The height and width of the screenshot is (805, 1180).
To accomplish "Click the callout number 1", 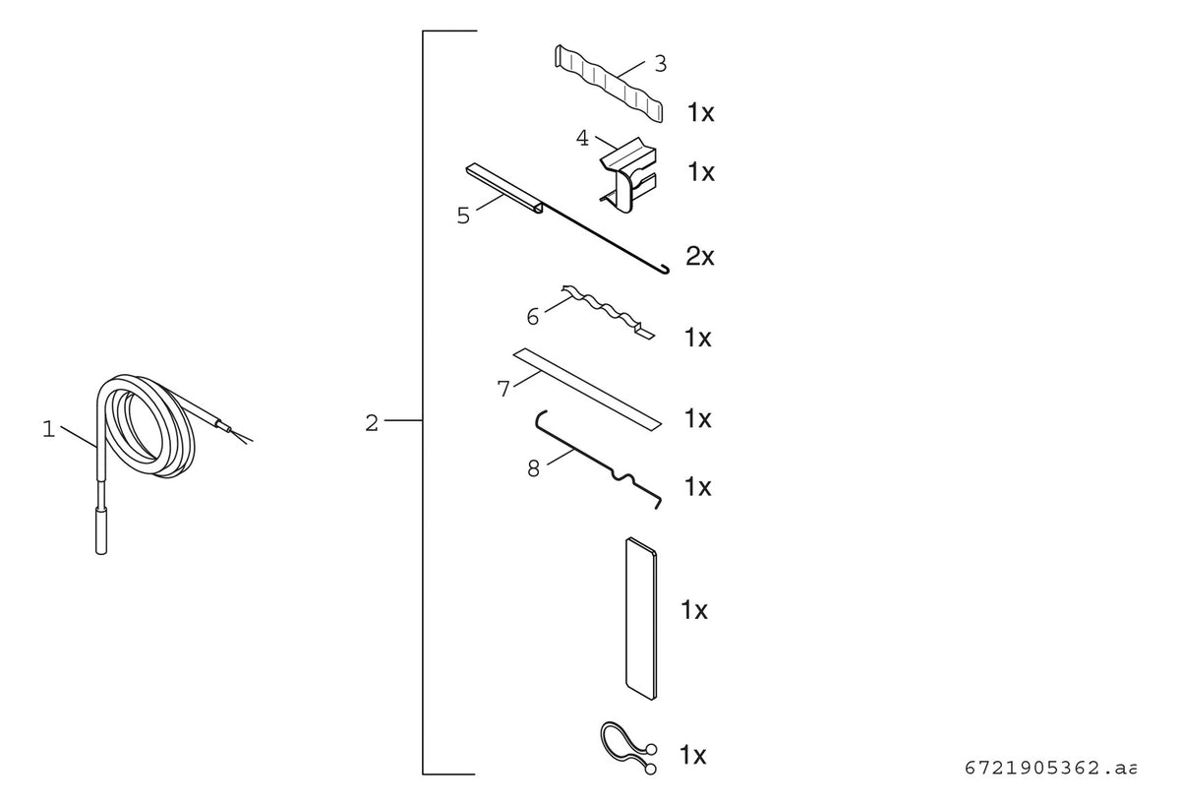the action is tap(48, 429).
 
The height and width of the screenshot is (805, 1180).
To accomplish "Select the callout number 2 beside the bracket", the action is tap(372, 423).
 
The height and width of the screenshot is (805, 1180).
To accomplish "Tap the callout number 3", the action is tap(660, 64).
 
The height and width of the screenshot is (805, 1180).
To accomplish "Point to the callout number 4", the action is tap(582, 138).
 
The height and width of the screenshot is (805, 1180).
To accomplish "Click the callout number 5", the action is tap(463, 216).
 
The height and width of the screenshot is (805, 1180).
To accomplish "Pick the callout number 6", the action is tap(533, 317).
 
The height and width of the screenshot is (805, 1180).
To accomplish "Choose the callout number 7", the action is tap(503, 389).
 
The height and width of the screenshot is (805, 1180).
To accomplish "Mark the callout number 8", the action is tap(534, 468).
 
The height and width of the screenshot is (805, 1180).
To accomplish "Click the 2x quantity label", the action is tap(699, 256).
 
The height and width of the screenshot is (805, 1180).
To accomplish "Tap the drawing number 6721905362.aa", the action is tap(1049, 769).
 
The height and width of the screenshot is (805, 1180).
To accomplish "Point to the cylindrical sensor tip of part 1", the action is tap(101, 530).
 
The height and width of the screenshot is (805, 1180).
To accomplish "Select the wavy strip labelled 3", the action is tap(609, 84).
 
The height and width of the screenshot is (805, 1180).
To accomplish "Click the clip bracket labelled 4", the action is tap(628, 176).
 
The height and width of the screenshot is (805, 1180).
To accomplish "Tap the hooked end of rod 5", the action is tap(665, 271).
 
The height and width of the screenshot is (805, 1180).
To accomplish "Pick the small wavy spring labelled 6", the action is tap(609, 312).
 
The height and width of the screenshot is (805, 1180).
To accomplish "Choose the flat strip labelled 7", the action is tap(587, 390).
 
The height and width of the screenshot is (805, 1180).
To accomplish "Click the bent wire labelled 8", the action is tap(599, 460).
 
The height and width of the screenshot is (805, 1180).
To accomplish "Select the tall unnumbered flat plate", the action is tap(641, 619).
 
